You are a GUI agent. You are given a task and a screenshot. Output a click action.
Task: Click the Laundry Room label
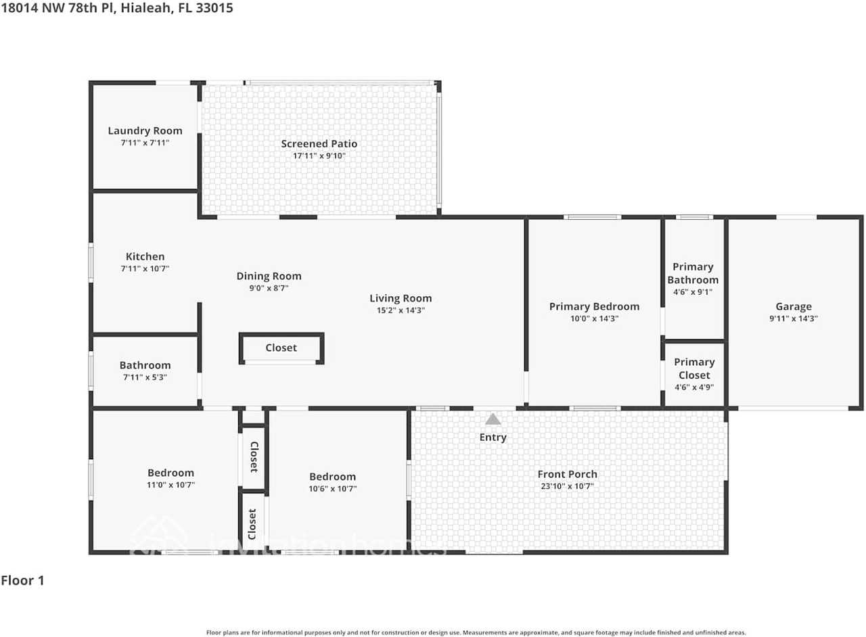[145, 131]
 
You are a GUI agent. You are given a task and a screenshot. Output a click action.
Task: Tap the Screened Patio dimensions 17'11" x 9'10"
[319, 156]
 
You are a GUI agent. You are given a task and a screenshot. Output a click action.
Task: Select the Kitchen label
[145, 256]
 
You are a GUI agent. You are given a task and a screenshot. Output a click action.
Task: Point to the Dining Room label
[269, 276]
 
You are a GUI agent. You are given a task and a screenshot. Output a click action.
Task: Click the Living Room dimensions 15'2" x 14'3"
[401, 310]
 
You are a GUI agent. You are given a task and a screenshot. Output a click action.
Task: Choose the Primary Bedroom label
[593, 306]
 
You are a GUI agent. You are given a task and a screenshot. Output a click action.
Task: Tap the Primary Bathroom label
[693, 273]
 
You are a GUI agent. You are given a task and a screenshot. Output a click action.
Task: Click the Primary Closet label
[694, 369]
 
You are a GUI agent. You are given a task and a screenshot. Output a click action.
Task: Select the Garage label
[793, 306]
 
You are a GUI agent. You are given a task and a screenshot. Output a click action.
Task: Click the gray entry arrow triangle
[493, 419]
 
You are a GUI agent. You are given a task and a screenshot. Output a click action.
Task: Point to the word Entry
[493, 438]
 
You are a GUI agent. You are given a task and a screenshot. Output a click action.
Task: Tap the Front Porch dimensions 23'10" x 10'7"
[567, 486]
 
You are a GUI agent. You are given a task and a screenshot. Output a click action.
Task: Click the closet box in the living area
[281, 348]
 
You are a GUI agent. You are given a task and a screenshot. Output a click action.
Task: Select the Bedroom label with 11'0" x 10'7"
[170, 473]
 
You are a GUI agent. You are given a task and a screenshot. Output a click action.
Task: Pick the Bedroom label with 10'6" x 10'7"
[332, 476]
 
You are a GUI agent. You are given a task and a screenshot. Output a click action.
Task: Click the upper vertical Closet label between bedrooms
[254, 456]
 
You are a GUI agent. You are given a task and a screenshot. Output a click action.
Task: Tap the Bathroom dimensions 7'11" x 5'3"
[145, 377]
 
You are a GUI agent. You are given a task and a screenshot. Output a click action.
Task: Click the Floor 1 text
[22, 580]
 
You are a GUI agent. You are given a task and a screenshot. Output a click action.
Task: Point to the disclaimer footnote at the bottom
[476, 632]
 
